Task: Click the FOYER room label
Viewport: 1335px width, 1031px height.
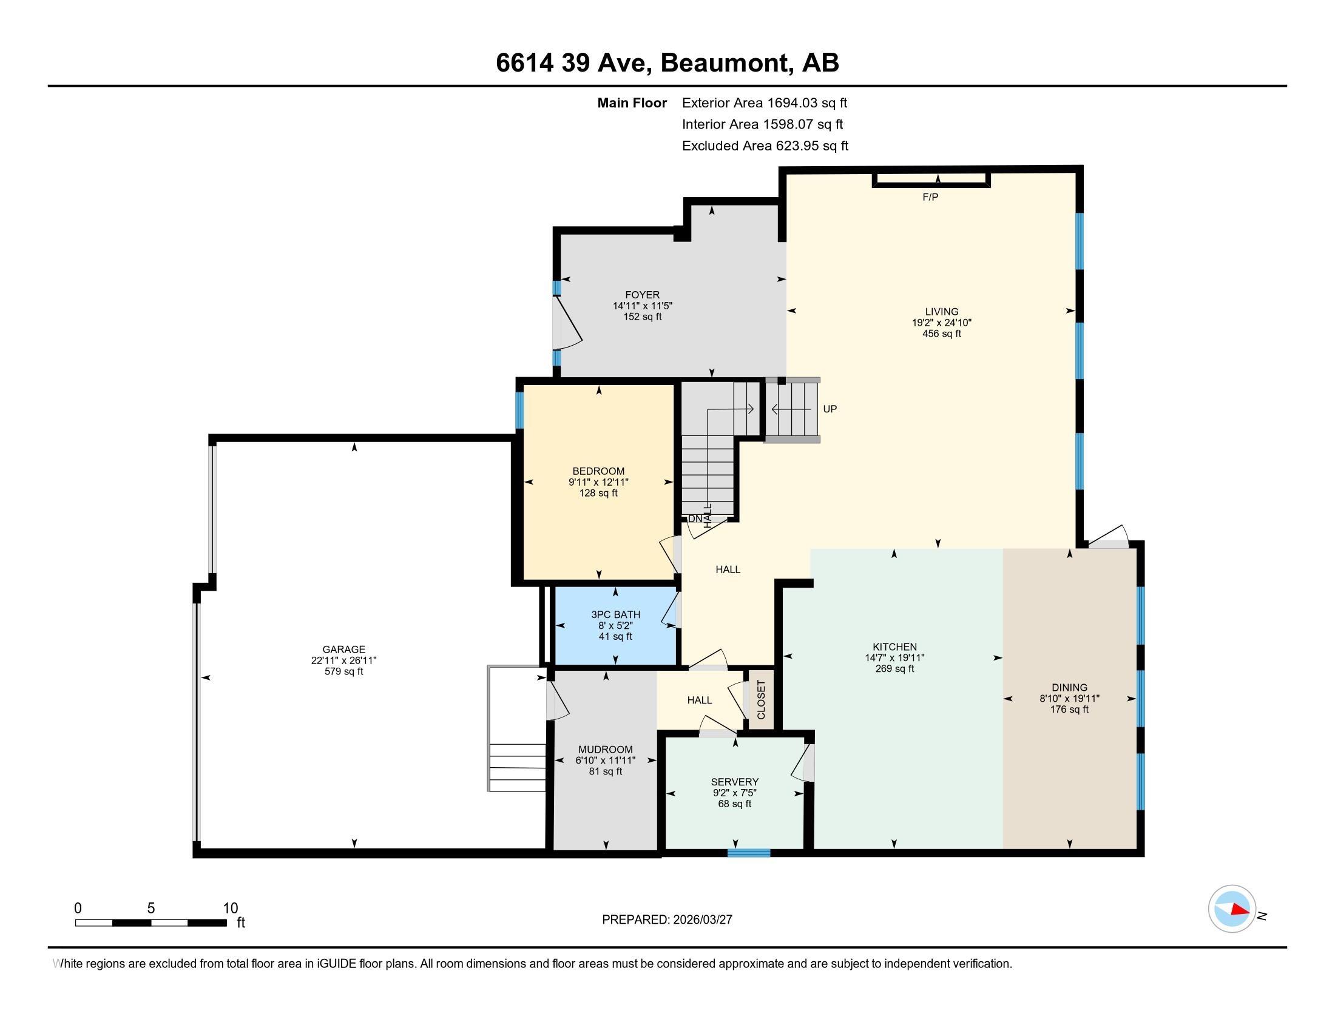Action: click(643, 294)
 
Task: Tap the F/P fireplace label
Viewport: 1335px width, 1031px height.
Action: click(930, 196)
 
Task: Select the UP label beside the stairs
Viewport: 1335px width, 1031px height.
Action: click(830, 409)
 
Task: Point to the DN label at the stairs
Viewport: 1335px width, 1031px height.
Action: click(695, 519)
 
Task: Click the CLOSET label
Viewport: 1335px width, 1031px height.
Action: click(761, 699)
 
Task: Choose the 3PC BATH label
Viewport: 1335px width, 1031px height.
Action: click(615, 614)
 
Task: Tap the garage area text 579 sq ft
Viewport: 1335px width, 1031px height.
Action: click(343, 671)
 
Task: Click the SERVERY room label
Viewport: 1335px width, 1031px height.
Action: click(735, 782)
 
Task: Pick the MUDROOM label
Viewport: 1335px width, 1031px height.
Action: click(606, 750)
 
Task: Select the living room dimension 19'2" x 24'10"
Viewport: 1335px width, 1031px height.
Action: click(942, 323)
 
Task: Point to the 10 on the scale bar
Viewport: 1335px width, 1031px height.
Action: click(231, 908)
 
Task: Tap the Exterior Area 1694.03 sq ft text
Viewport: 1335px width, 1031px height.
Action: click(765, 102)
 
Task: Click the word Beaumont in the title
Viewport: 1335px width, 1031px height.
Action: click(725, 62)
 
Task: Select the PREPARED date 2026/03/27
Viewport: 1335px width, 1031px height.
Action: click(701, 919)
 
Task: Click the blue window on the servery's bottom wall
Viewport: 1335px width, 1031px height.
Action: click(749, 853)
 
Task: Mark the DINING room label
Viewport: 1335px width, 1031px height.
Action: click(1070, 687)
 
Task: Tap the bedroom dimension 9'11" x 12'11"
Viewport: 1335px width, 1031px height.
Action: click(598, 482)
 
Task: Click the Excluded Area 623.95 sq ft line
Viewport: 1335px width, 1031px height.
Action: click(765, 146)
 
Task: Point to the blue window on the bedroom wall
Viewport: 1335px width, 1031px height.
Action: click(519, 410)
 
